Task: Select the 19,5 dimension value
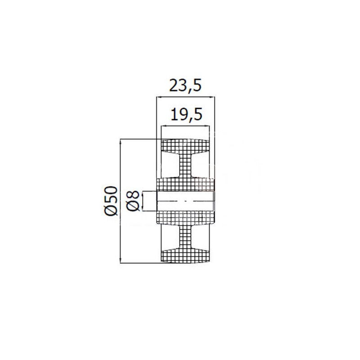187,114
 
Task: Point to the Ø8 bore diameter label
133,200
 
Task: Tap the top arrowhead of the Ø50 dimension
120,142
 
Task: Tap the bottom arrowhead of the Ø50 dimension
120,260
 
